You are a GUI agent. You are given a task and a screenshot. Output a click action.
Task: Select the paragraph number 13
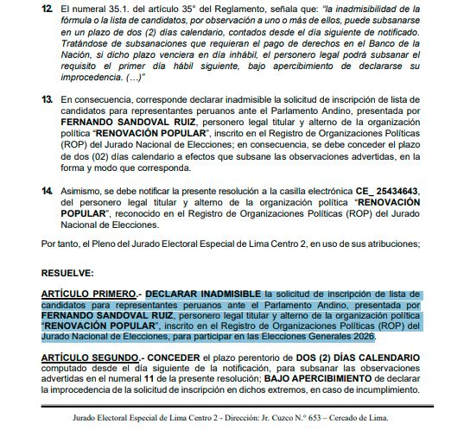click(46, 99)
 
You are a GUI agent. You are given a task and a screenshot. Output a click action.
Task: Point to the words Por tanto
click(57, 243)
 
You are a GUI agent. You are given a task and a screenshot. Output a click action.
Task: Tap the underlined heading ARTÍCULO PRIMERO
click(89, 294)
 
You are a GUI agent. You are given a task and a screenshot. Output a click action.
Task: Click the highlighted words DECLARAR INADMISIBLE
click(204, 294)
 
